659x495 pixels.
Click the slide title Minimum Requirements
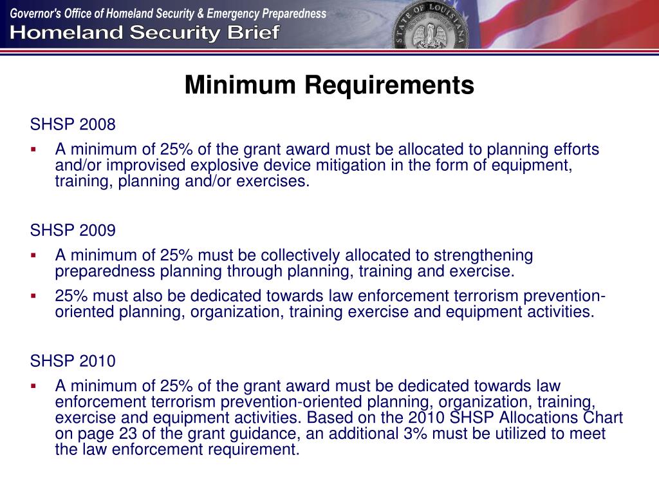(329, 85)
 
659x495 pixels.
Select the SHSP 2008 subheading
(73, 124)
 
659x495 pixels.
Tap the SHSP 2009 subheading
(73, 230)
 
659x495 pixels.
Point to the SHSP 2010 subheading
(73, 361)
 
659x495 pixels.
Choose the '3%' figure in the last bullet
(417, 434)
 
